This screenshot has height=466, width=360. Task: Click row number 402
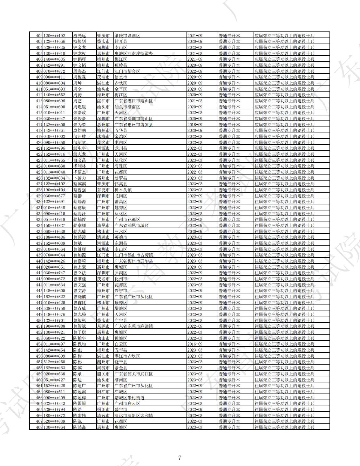39,36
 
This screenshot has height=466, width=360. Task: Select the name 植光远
79,36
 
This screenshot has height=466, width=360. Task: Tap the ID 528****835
54,47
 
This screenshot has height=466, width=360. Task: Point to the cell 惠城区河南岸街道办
133,53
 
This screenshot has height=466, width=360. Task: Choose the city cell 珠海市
103,136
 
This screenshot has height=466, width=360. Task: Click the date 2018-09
195,125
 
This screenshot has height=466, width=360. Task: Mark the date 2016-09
195,344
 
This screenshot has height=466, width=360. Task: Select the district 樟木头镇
123,190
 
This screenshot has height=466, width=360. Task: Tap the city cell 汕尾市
103,225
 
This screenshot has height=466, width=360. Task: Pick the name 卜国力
79,178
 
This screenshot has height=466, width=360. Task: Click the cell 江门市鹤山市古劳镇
133,255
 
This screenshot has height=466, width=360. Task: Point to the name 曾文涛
79,291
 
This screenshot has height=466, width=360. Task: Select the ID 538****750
54,308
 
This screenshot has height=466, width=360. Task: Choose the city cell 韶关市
103,374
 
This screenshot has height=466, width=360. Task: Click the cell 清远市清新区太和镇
133,415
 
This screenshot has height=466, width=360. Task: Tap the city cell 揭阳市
103,409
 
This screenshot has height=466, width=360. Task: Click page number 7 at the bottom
180,458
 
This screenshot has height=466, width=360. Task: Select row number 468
39,427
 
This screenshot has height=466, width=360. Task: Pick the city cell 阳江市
103,392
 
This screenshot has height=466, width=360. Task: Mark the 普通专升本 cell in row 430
229,202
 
